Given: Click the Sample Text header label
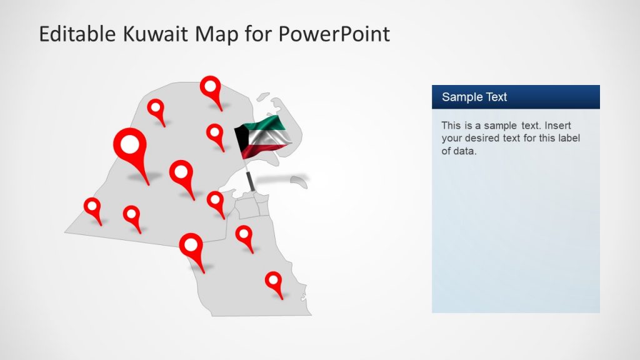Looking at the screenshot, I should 474,97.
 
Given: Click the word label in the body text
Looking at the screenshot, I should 567,138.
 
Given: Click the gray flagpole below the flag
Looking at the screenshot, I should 251,181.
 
